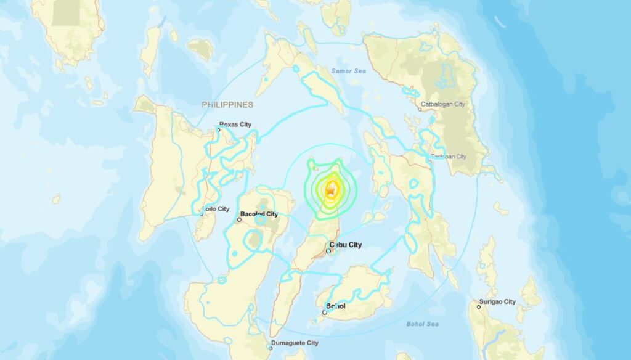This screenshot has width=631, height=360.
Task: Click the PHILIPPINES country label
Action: (x=227, y=105)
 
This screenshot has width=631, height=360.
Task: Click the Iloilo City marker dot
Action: (x=202, y=214)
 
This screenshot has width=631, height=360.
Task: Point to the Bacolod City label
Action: (x=259, y=215)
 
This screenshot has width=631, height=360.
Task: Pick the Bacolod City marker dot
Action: (x=240, y=219)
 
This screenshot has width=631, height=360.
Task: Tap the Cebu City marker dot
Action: (x=329, y=250)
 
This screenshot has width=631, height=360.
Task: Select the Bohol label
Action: (x=336, y=306)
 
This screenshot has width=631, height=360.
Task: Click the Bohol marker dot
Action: (x=325, y=313)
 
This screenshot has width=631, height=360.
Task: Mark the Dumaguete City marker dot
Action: (x=270, y=348)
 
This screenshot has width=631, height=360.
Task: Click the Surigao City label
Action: (x=501, y=301)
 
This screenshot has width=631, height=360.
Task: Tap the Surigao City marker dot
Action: (x=478, y=306)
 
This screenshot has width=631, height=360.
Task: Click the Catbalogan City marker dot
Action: (x=420, y=110)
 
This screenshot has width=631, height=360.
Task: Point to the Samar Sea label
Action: (x=349, y=72)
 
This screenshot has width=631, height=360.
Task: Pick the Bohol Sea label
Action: (x=421, y=324)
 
